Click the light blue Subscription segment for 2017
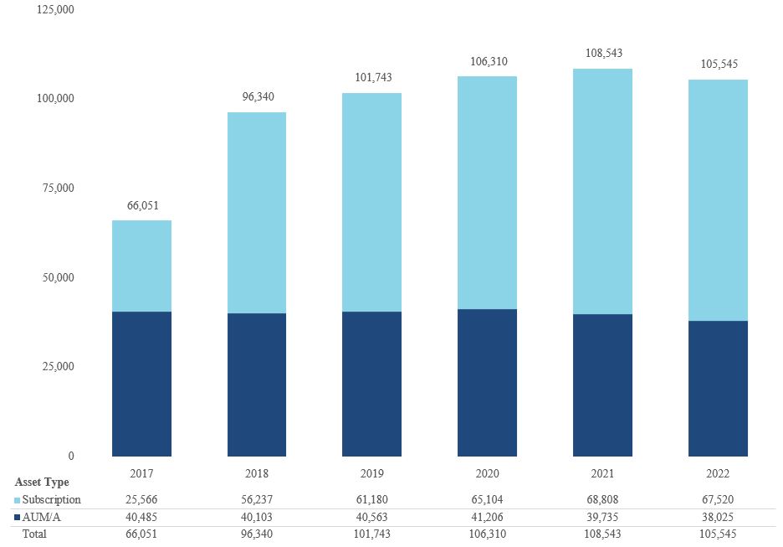[141, 266]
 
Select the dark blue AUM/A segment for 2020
[487, 383]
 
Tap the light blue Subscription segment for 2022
[718, 200]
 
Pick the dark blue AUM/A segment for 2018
[257, 384]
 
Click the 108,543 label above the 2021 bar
[602, 53]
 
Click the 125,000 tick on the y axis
[56, 9]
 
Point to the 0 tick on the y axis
[70, 457]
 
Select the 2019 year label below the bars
[372, 473]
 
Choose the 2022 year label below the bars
[718, 473]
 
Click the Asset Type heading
[42, 482]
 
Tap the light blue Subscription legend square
[18, 500]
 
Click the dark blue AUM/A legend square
[18, 517]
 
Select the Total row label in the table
[35, 534]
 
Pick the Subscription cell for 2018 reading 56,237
[257, 500]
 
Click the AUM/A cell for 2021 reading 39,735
[602, 517]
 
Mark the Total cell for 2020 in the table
[487, 534]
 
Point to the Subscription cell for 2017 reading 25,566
[141, 500]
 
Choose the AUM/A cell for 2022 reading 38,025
[718, 517]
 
